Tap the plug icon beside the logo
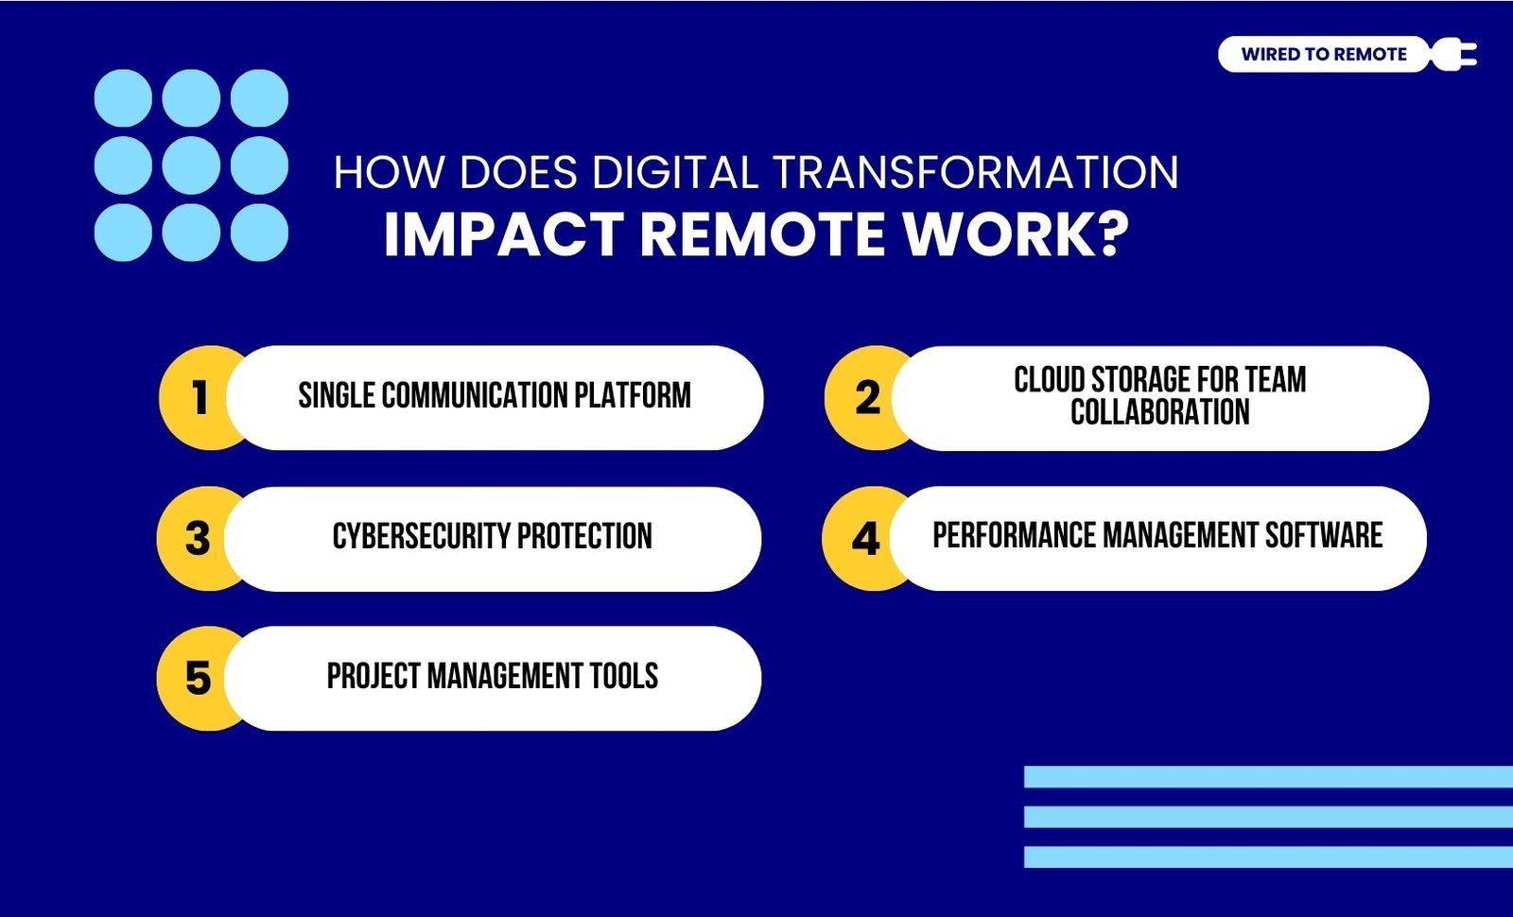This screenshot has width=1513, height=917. pos(1453,54)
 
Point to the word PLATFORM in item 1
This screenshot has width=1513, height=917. pos(633,396)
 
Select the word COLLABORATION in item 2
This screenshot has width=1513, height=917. pos(1159,412)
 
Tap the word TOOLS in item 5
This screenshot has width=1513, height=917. pos(624,676)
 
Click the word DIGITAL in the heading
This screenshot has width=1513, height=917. pos(675,172)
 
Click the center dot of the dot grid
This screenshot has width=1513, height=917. pos(191,165)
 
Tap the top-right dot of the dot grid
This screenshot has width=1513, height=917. pos(259,98)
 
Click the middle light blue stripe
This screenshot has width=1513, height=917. pos(1268,817)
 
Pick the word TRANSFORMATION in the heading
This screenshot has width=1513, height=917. pos(975,172)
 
